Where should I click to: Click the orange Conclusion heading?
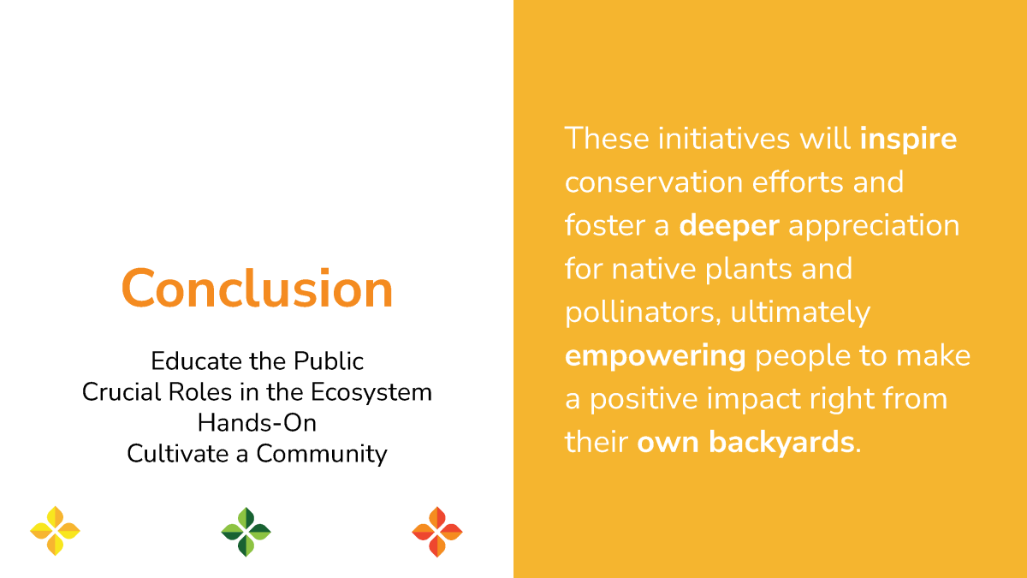[258, 288]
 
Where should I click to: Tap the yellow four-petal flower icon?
[55, 531]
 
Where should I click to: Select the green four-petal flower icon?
[246, 532]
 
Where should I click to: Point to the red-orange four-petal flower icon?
[437, 532]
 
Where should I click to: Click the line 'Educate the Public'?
[258, 361]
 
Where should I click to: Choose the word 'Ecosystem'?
[371, 393]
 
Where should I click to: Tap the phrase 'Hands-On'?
[258, 423]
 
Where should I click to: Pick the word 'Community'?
[322, 454]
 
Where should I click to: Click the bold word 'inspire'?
[908, 139]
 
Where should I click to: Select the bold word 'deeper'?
[729, 226]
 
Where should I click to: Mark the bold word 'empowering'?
[656, 356]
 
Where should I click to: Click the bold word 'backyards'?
[781, 442]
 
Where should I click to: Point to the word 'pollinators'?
[640, 313]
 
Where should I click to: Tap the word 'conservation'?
[654, 182]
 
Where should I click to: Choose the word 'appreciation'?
[874, 226]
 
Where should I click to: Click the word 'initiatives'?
[724, 139]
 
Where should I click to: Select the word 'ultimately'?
[800, 313]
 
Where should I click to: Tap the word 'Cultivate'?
[177, 454]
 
